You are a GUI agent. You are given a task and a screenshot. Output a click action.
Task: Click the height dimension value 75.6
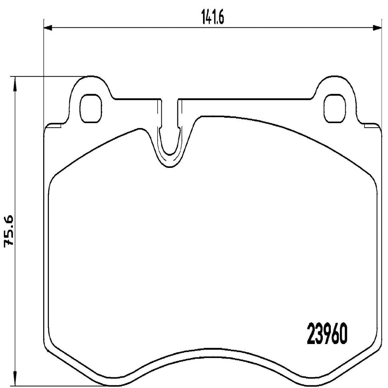pos(9,231)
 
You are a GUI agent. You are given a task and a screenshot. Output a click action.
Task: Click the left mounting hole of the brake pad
pos(91,108)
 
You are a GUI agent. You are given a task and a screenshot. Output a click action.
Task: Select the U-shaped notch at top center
pos(170,144)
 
